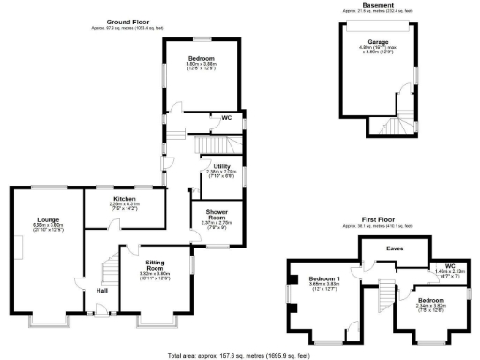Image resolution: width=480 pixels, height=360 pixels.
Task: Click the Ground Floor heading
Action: click(130, 20)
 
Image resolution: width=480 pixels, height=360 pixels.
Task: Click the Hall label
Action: click(100, 291)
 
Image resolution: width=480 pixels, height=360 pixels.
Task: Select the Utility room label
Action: click(221, 166)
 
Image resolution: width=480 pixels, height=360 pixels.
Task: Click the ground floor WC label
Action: click(226, 117)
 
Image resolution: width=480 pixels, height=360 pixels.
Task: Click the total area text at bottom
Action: click(240, 355)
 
